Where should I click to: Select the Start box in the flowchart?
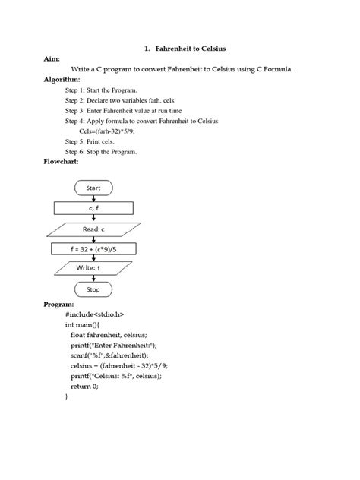click(94, 187)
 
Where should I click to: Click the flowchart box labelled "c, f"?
click(94, 207)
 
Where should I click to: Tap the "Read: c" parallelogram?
click(94, 228)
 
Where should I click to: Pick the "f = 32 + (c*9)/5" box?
click(94, 248)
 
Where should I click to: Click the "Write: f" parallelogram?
click(94, 268)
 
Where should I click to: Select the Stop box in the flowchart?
click(94, 289)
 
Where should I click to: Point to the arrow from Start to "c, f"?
click(94, 197)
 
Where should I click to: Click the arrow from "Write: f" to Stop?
click(94, 279)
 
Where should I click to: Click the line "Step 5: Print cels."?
click(96, 141)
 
